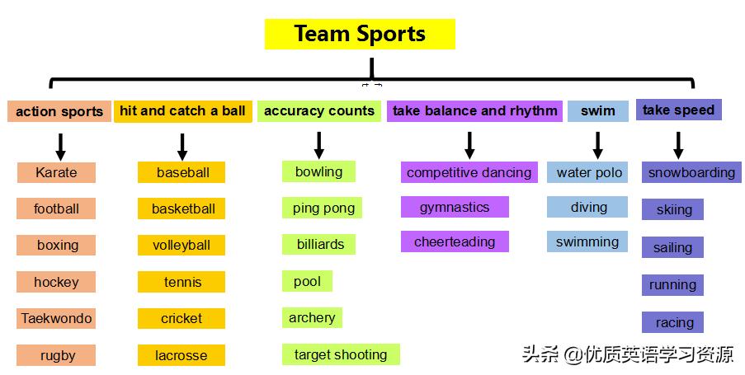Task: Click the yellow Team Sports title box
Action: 360,34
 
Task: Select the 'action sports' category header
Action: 59,111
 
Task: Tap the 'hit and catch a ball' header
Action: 182,110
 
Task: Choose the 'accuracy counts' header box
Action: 318,110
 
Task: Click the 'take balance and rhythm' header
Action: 474,110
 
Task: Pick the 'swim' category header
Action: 598,110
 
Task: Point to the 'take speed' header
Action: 678,110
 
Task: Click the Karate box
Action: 56,172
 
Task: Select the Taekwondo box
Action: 56,318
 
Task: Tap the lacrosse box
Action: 182,355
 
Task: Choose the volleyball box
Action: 182,245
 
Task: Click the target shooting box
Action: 341,354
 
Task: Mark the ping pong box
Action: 323,208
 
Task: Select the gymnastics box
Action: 455,207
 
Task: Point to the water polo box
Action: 589,172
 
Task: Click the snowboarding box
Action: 691,172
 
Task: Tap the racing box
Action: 673,322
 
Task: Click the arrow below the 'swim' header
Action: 597,145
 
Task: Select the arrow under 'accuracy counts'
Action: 318,145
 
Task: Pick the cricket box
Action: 182,318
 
